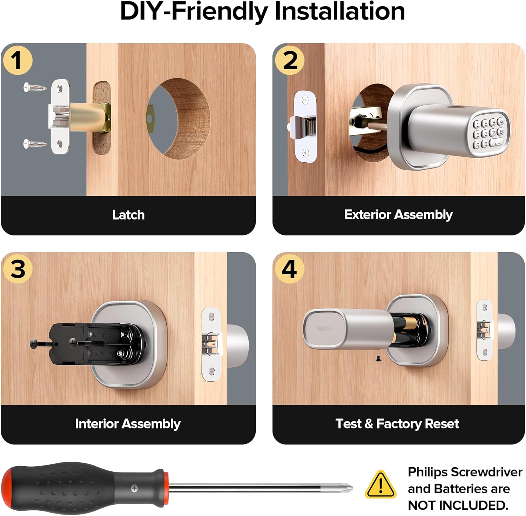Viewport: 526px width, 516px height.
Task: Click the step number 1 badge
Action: [x=17, y=60]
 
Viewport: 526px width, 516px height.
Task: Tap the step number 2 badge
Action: [x=290, y=60]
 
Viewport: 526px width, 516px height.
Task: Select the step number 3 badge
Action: [x=18, y=269]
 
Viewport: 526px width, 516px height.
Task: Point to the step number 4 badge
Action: [x=289, y=269]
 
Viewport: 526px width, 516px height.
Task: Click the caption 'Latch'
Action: [x=128, y=215]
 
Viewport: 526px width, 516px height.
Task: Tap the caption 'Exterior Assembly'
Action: [x=398, y=214]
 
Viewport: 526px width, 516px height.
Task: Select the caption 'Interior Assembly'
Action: [x=128, y=424]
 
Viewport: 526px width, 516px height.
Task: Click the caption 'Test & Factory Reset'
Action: [x=397, y=424]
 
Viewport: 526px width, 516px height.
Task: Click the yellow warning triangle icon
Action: [x=380, y=485]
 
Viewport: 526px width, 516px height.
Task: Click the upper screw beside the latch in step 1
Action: [x=35, y=87]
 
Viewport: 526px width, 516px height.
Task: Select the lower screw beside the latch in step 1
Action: [x=35, y=143]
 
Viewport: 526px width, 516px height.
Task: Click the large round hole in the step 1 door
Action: [x=179, y=119]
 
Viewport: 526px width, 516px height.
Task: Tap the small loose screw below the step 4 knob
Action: [x=378, y=358]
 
